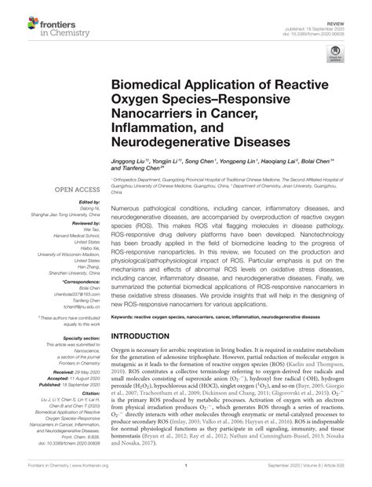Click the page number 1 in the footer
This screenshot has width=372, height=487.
pos(185,474)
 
